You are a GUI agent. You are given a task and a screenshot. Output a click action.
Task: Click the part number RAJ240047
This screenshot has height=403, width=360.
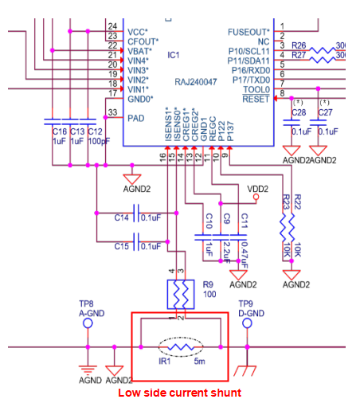tap(197, 81)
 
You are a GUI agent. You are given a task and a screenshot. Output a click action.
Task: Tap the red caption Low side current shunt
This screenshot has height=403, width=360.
tap(180, 393)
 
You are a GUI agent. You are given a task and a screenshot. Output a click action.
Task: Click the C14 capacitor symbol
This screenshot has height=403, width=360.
tap(135, 217)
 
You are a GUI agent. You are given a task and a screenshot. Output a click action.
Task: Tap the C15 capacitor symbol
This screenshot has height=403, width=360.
tap(135, 245)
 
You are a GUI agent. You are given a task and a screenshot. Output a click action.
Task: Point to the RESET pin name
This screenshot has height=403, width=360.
tap(256, 99)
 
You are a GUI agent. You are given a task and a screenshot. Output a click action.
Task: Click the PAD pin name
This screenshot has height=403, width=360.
tap(136, 117)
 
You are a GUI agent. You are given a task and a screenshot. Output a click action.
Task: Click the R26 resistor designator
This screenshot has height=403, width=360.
tap(299, 46)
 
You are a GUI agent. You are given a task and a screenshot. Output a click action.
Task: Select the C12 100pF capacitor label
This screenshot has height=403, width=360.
tap(94, 135)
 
